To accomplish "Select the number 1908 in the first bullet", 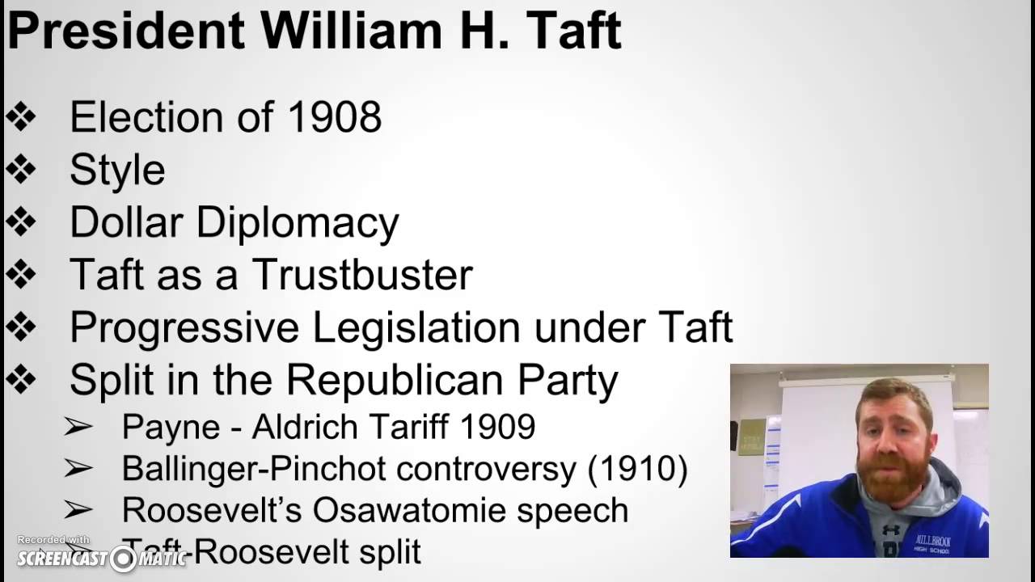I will click(334, 118).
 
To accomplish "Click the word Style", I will click(117, 171).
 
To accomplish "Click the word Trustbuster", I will click(361, 275).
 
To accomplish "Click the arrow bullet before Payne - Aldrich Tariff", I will click(78, 428).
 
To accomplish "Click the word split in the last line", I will click(390, 552).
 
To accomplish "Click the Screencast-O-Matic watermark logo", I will click(101, 557).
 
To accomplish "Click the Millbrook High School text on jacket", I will click(931, 542).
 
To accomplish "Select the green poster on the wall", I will click(752, 436).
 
